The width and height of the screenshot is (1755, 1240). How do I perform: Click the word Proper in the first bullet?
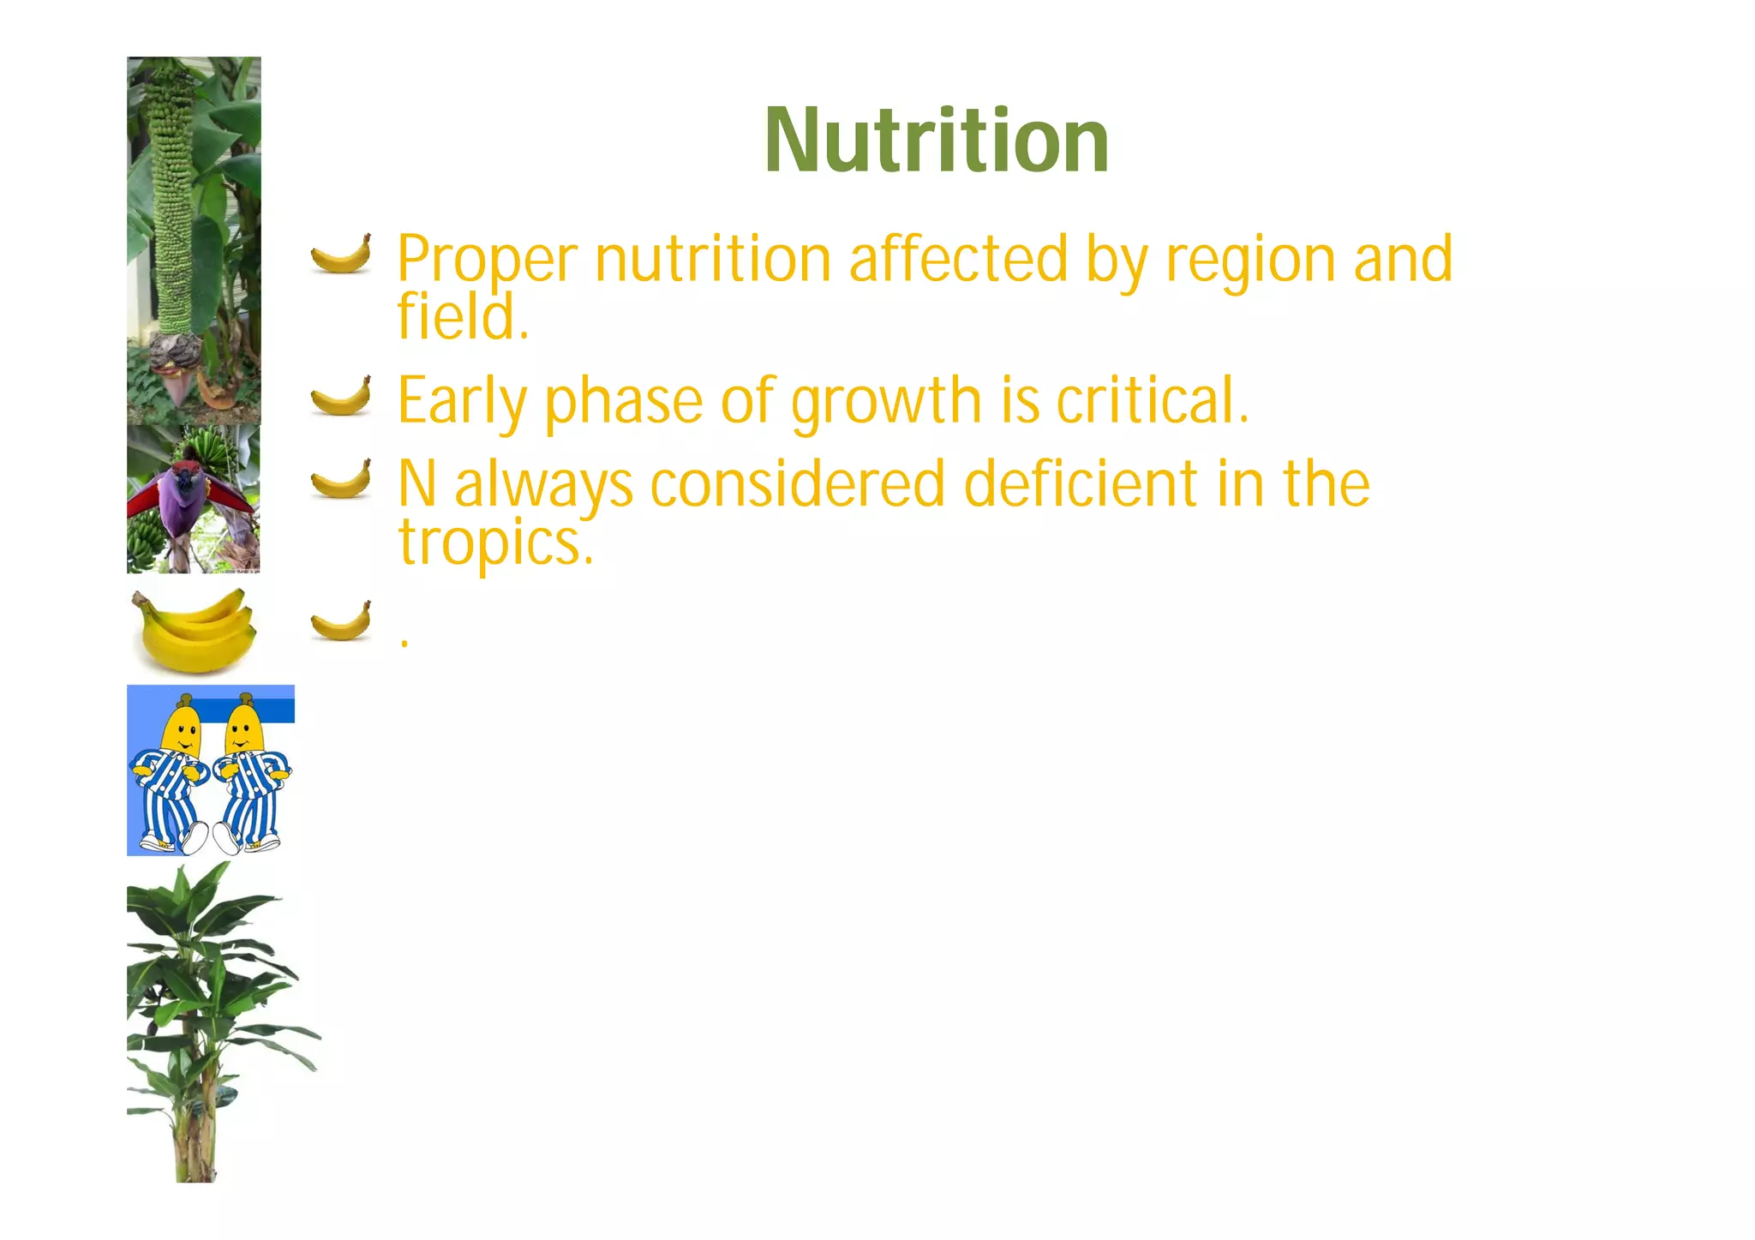pos(487,259)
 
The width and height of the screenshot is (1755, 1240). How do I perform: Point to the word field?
pos(463,315)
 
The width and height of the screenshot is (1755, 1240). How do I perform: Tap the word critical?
pos(1153,399)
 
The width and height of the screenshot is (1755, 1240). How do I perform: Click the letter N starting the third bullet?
pos(417,483)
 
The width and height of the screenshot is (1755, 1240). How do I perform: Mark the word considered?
pos(797,483)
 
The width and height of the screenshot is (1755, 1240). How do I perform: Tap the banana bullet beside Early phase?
pos(341,396)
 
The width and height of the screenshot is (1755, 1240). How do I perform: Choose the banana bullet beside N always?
pos(341,478)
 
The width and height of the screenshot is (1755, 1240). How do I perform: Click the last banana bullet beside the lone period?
pos(341,621)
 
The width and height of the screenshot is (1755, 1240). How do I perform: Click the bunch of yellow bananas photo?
pos(195,631)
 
